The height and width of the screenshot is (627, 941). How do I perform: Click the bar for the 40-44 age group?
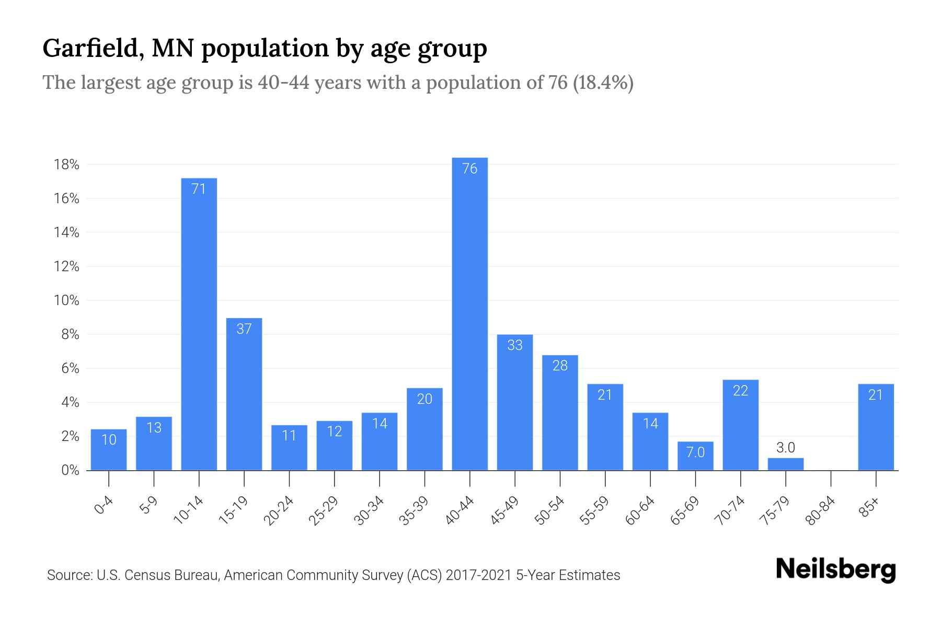[469, 313]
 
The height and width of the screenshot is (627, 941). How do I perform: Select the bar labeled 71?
[199, 324]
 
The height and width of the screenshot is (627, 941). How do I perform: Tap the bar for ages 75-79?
[785, 464]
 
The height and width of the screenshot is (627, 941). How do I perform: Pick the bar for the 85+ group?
[876, 427]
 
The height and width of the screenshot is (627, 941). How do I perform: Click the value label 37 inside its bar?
[244, 329]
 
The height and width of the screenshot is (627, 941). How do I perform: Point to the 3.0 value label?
[785, 448]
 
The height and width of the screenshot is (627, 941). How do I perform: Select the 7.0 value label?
[695, 452]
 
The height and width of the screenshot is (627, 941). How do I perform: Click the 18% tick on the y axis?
[66, 165]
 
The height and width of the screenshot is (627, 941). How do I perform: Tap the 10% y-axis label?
[66, 301]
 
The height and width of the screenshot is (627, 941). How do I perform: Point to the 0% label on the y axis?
[70, 470]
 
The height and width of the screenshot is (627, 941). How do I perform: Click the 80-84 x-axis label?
[820, 510]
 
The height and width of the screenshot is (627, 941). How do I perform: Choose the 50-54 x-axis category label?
[549, 510]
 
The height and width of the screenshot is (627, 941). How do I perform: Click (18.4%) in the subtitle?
[603, 83]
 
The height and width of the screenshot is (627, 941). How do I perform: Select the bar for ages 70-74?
[740, 425]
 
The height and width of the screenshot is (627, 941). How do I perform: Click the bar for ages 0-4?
[109, 449]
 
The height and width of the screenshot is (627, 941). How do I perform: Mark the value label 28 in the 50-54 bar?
[560, 365]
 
